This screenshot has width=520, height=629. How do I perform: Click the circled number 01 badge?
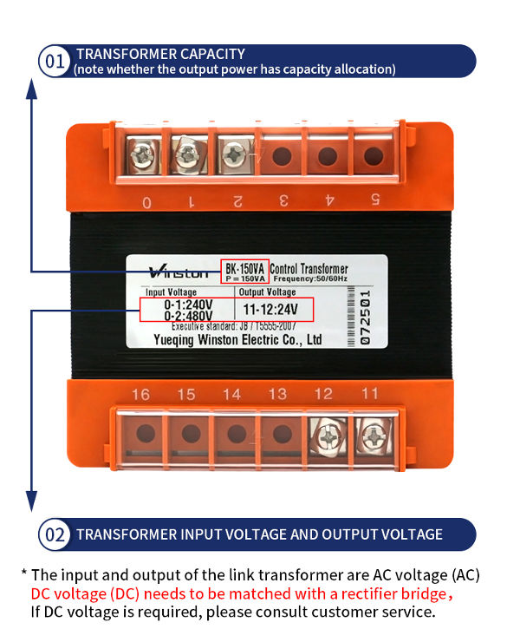tap(55, 62)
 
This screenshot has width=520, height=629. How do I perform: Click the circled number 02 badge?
tap(55, 534)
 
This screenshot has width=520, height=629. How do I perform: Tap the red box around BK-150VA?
tap(244, 272)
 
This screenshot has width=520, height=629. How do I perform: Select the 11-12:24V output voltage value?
tap(270, 309)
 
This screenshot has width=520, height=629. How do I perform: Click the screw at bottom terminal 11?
tap(370, 433)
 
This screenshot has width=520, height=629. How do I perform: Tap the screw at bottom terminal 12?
tap(326, 433)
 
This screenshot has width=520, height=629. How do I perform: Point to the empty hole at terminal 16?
tap(145, 432)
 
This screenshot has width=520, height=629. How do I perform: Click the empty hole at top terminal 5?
tap(374, 156)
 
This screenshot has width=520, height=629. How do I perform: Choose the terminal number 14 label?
tap(231, 395)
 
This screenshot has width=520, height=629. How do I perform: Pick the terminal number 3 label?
tap(283, 201)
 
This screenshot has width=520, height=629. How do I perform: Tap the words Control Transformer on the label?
tap(310, 269)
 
